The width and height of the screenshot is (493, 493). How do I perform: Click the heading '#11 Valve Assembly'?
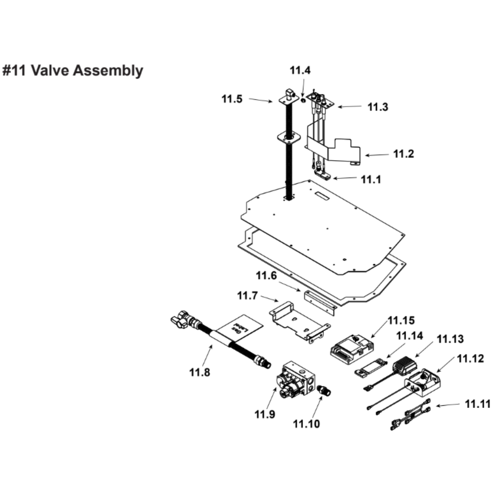click(x=73, y=70)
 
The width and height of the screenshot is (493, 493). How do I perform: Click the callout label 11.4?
click(x=300, y=70)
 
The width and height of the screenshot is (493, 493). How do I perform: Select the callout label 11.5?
click(x=232, y=99)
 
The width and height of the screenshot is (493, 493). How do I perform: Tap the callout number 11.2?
click(x=404, y=154)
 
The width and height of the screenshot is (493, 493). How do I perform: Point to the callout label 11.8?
click(x=199, y=373)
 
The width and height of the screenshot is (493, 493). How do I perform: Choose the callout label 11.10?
click(x=306, y=423)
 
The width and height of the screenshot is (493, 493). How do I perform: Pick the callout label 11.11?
click(x=477, y=404)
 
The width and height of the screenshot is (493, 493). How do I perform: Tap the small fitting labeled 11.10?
click(x=325, y=390)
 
